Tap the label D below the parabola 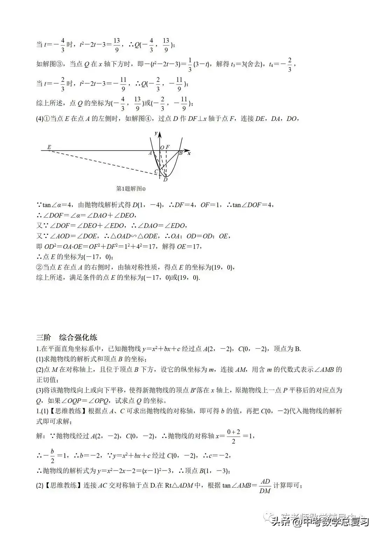pos(165,180)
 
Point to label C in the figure pos(156,172)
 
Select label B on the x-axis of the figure pos(181,153)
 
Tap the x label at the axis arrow pos(189,153)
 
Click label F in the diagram pos(168,147)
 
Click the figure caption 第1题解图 pos(130,189)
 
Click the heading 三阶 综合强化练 pos(67,338)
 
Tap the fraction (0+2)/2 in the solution pos(233,436)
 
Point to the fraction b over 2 pos(52,456)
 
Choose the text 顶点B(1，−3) pos(206,471)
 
